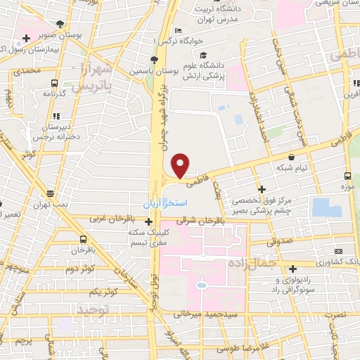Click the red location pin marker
(181, 165)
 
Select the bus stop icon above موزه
(348, 176)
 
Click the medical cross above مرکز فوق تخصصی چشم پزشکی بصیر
(261, 189)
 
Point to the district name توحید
(94, 309)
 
